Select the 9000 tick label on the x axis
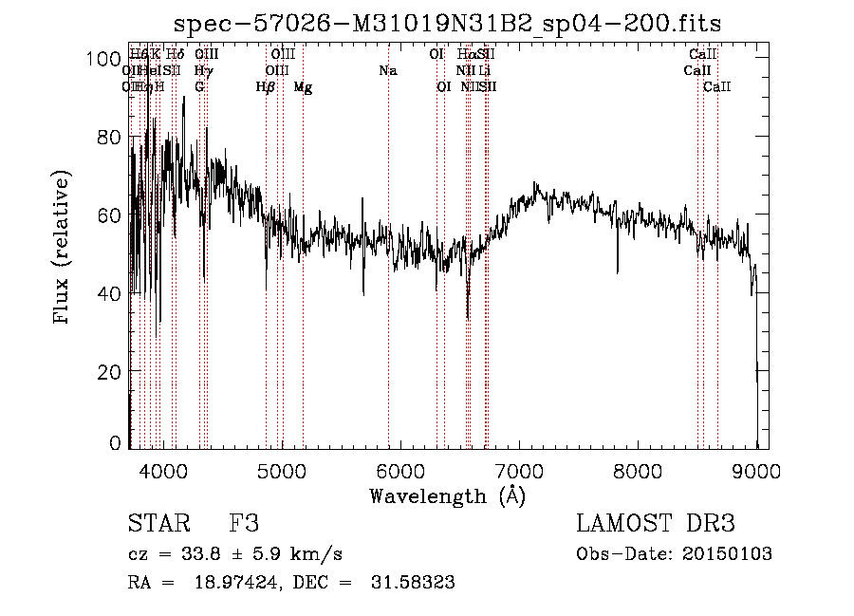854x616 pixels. pyautogui.click(x=756, y=470)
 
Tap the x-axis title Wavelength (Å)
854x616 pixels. pyautogui.click(x=447, y=495)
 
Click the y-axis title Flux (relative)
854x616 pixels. pyautogui.click(x=63, y=249)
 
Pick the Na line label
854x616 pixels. pyautogui.click(x=387, y=71)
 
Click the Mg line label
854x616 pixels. pyautogui.click(x=303, y=87)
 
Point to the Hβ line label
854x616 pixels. pyautogui.click(x=266, y=87)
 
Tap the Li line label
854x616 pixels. pyautogui.click(x=484, y=71)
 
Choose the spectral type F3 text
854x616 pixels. pyautogui.click(x=245, y=524)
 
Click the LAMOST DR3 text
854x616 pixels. pyautogui.click(x=656, y=524)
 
